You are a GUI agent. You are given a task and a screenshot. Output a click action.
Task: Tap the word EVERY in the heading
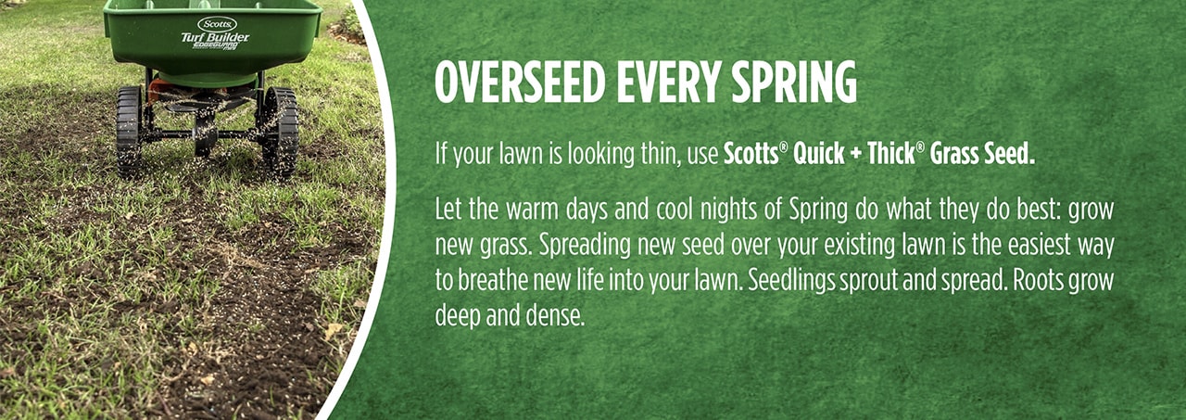click(644, 84)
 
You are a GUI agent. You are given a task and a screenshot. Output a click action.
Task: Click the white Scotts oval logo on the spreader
click(217, 23)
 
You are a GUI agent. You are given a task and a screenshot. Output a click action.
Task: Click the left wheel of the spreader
click(128, 130)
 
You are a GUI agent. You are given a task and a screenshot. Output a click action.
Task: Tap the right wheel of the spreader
click(280, 132)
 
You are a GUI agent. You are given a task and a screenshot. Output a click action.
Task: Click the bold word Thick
click(891, 154)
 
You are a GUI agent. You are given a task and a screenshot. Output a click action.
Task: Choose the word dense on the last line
click(555, 315)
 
